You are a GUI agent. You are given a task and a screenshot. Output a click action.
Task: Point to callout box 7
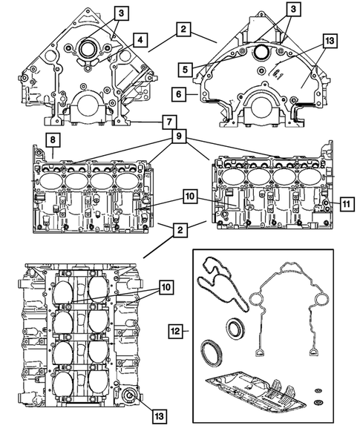pyautogui.click(x=170, y=120)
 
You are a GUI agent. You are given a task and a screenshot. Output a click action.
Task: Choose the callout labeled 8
pyautogui.click(x=52, y=139)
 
